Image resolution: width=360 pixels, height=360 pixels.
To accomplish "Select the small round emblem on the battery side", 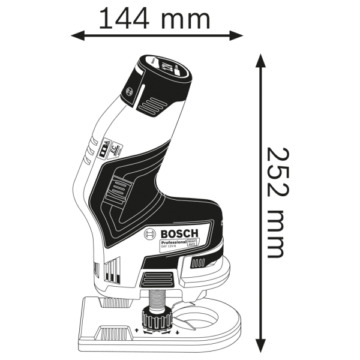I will coord(128,92).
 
